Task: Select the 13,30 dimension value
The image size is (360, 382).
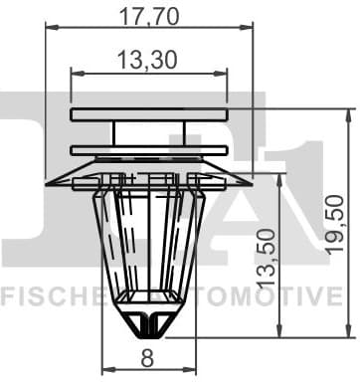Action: click(x=148, y=62)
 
